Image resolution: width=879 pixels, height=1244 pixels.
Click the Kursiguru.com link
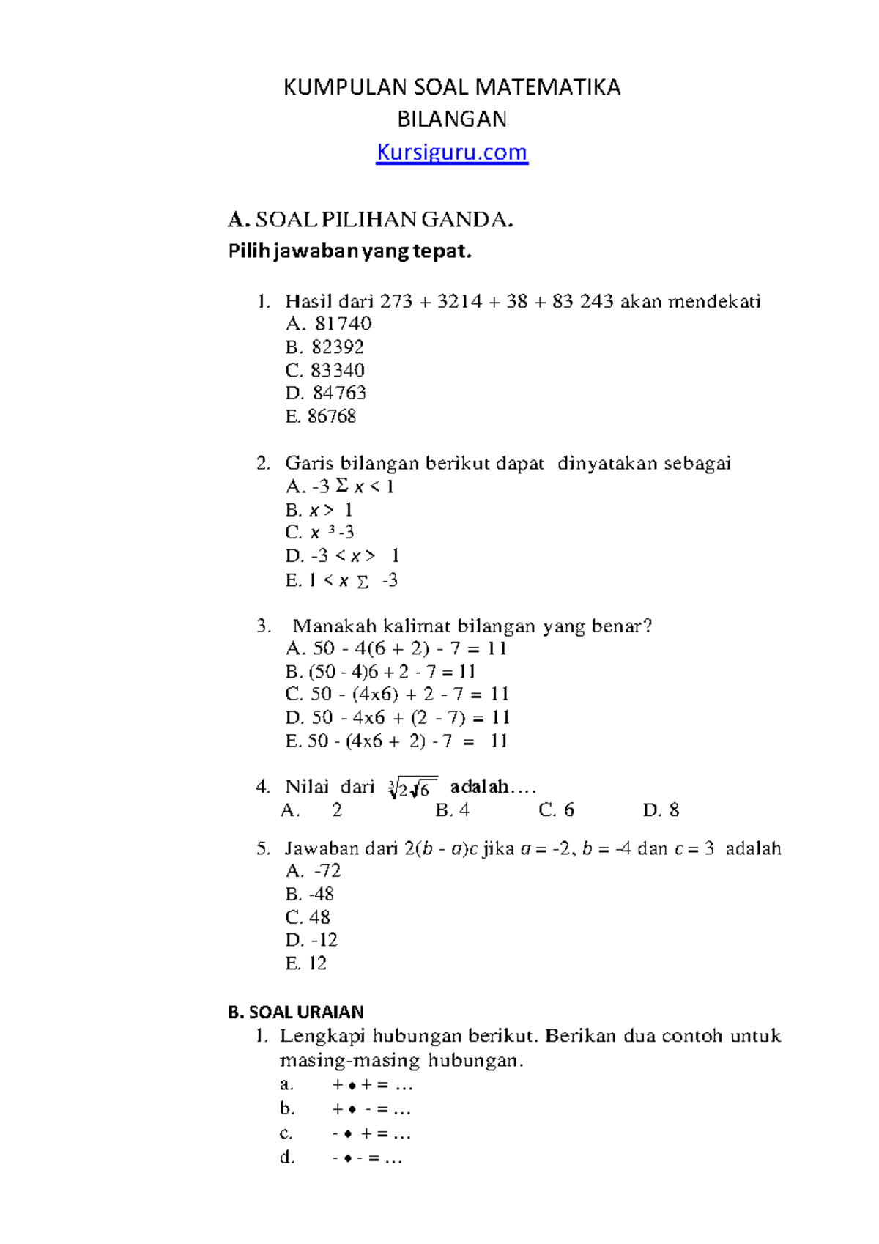click(x=451, y=152)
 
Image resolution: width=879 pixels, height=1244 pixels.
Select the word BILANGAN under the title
click(x=451, y=119)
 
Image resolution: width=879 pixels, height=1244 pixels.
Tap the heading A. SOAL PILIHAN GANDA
click(x=370, y=219)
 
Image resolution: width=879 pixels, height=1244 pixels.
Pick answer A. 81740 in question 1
click(x=329, y=323)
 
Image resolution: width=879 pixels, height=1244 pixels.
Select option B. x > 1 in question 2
click(x=319, y=509)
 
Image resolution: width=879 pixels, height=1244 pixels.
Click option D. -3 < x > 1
click(x=342, y=555)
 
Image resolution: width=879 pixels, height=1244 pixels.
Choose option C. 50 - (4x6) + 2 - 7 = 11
click(x=396, y=694)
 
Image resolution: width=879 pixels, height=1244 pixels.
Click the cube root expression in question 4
click(x=412, y=788)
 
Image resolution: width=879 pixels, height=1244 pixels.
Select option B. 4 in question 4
click(x=452, y=810)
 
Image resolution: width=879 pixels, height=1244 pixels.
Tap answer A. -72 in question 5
click(x=314, y=870)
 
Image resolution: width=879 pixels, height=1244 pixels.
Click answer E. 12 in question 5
click(x=306, y=963)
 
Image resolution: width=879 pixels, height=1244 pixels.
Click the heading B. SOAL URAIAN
click(x=295, y=1012)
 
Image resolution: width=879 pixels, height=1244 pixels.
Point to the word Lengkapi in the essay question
click(x=322, y=1036)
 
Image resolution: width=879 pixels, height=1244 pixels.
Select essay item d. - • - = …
click(x=341, y=1158)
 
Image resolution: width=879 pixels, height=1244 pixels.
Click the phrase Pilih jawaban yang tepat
click(x=350, y=251)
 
